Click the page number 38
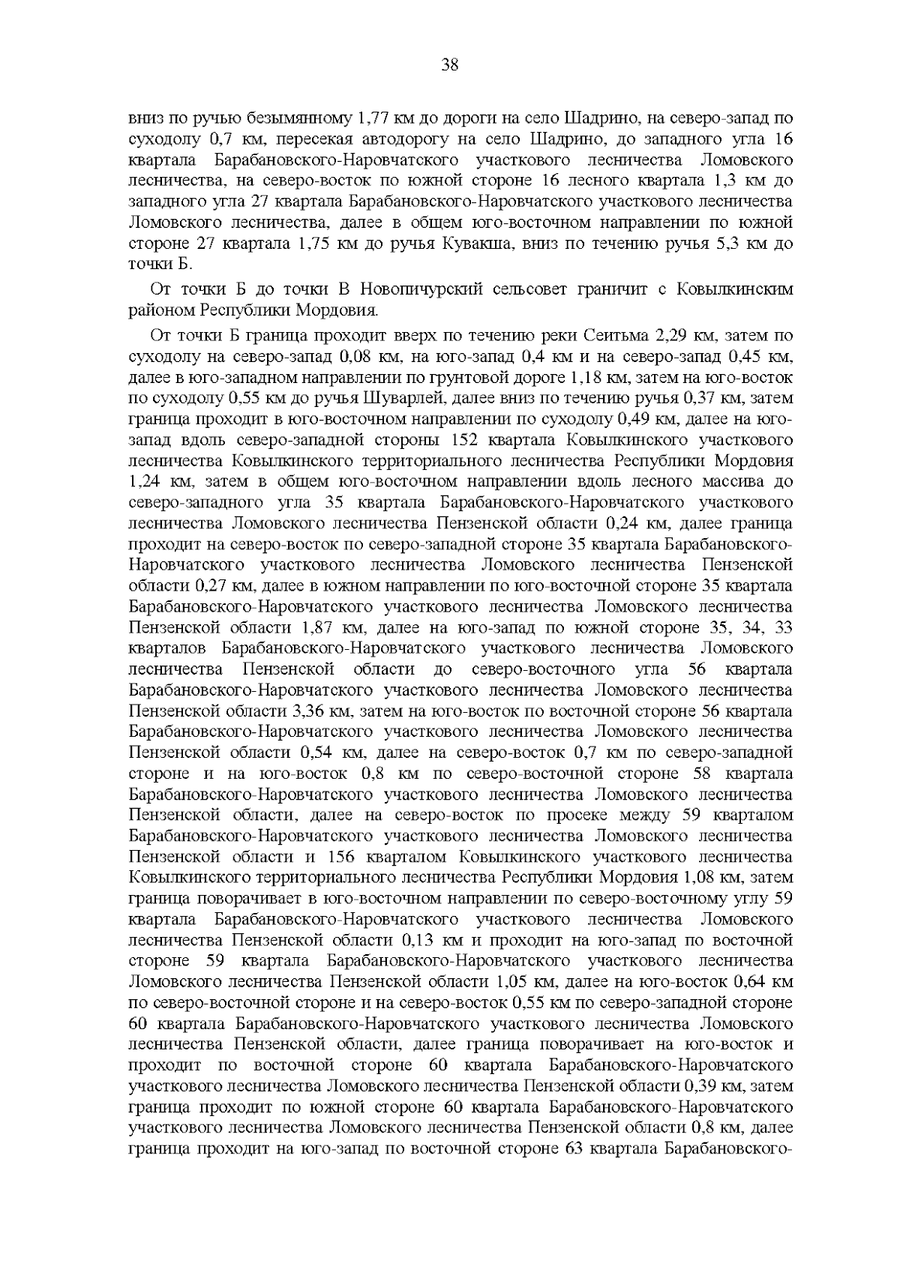pos(450,64)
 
